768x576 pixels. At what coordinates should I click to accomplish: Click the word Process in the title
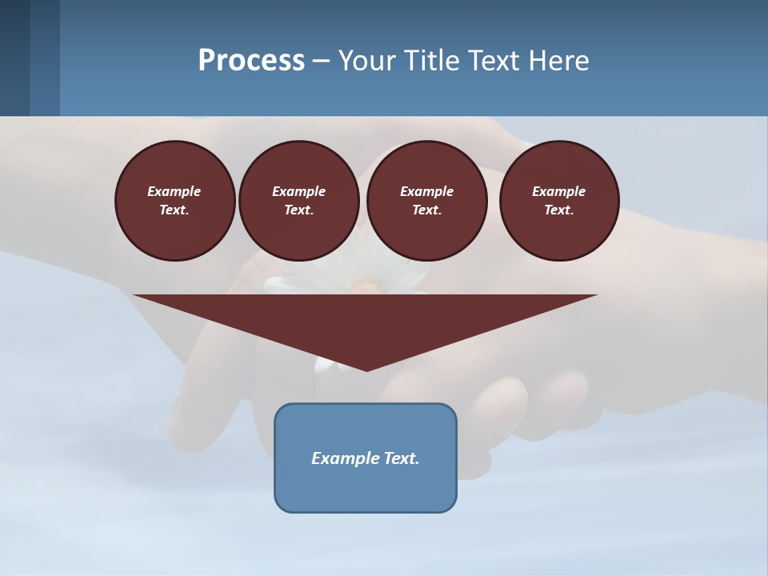[251, 61]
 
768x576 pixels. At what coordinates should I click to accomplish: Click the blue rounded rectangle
[366, 489]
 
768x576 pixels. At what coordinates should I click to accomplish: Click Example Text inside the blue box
[366, 458]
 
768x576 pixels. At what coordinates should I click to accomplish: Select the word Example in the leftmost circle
[174, 191]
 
